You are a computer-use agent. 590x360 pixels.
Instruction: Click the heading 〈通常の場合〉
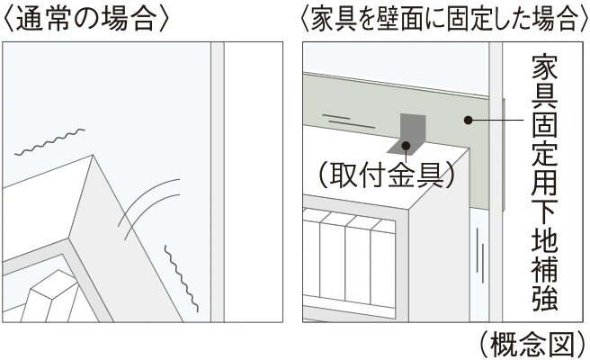pyautogui.click(x=85, y=19)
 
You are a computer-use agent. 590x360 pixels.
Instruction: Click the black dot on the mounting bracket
pyautogui.click(x=406, y=146)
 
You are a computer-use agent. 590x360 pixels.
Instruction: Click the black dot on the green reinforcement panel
pyautogui.click(x=468, y=120)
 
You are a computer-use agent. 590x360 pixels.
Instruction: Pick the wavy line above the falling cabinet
pyautogui.click(x=49, y=142)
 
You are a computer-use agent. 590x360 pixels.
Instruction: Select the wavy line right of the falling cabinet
pyautogui.click(x=182, y=279)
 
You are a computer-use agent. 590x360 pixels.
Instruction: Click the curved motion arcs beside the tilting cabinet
pyautogui.click(x=148, y=208)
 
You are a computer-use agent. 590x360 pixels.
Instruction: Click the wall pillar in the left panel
pyautogui.click(x=217, y=182)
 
